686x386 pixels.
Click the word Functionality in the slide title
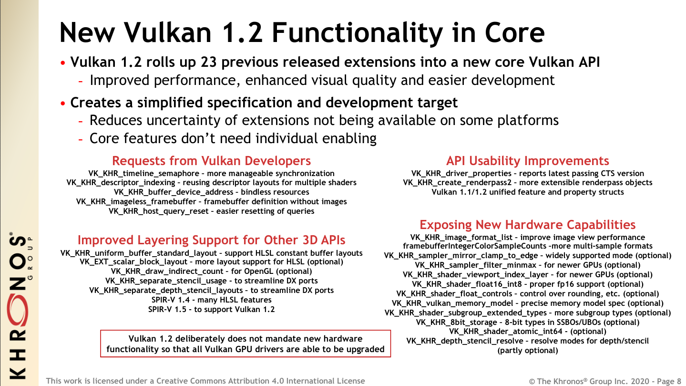coord(357,33)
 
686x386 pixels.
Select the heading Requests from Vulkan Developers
coord(211,161)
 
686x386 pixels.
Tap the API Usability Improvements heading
coord(527,161)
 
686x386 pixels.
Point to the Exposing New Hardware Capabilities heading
coord(527,225)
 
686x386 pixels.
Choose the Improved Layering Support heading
coord(211,240)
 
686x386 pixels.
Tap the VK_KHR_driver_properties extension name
coord(461,174)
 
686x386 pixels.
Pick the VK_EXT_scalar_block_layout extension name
coord(133,262)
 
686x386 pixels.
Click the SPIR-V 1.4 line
coord(211,300)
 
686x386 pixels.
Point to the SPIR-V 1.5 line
coord(211,309)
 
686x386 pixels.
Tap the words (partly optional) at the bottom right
coord(527,350)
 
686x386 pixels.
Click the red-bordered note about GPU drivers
coord(246,344)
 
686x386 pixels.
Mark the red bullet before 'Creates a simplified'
coord(63,104)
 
